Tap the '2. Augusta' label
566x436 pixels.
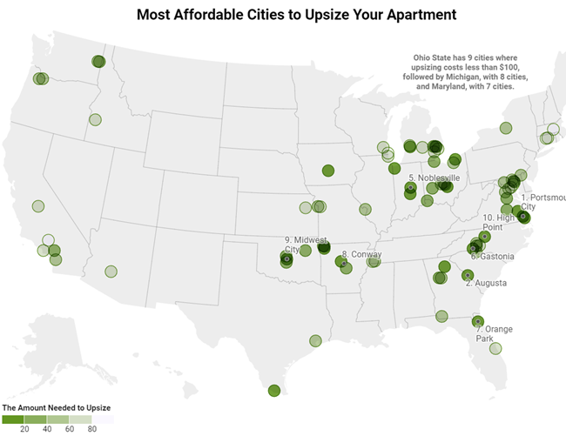pos(487,283)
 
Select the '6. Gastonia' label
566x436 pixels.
pos(492,257)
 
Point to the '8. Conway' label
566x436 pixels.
pos(361,255)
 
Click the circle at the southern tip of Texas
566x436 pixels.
pos(274,391)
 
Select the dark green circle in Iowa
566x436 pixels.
pos(328,171)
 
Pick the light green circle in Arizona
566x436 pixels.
pos(111,271)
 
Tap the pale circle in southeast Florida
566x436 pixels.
pos(495,348)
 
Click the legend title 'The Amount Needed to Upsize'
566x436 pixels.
pos(56,407)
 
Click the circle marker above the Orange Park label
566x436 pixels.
pos(477,320)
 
